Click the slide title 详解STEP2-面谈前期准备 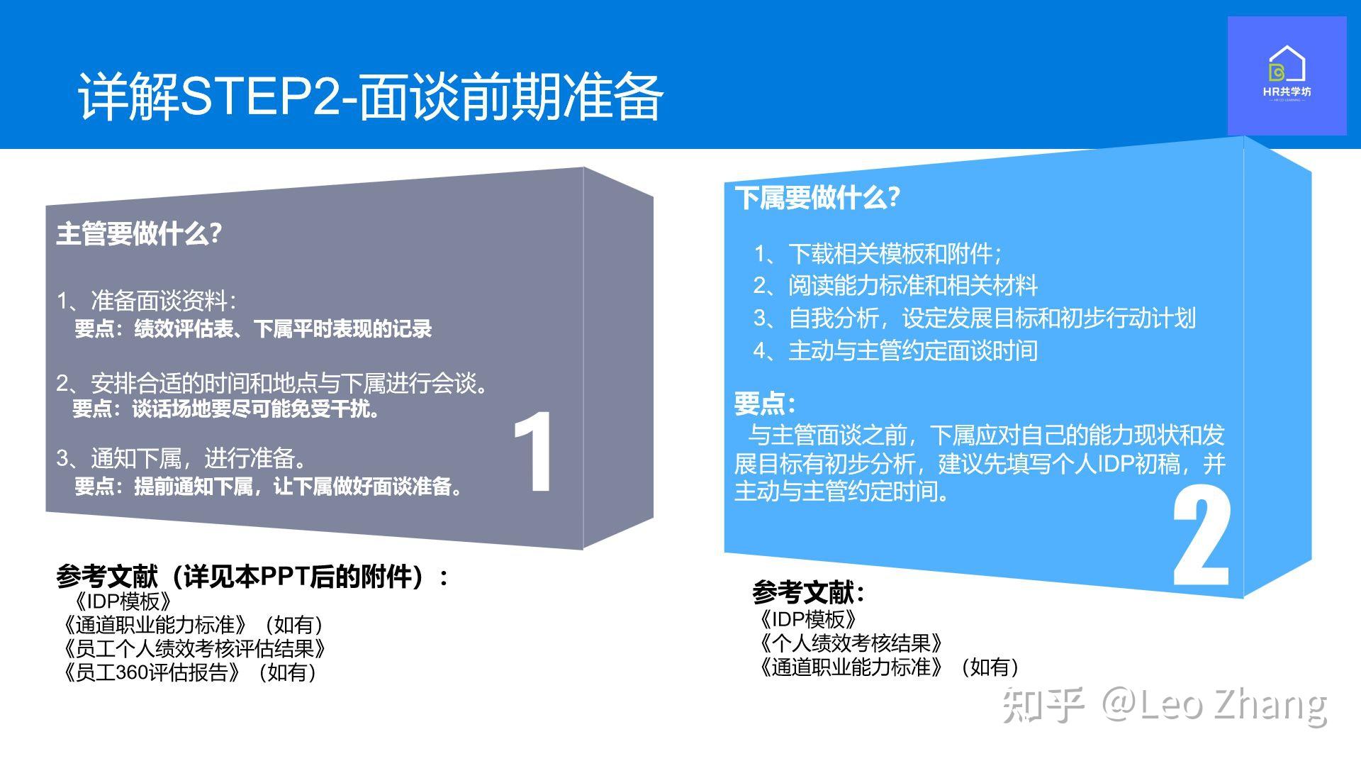(x=370, y=96)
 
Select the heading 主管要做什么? (x=139, y=233)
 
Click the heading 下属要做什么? (x=817, y=197)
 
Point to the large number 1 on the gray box (x=533, y=452)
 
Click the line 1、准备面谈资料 (x=146, y=301)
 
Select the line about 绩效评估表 (x=253, y=329)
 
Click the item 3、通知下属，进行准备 (x=183, y=458)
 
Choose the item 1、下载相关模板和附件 (x=878, y=253)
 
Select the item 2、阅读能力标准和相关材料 (x=895, y=285)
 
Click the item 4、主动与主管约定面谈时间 (x=895, y=350)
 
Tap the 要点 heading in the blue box (x=765, y=404)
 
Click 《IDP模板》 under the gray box (x=122, y=601)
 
